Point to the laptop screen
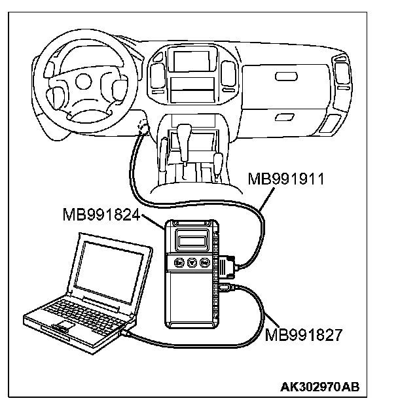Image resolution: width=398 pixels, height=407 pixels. click(105, 271)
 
